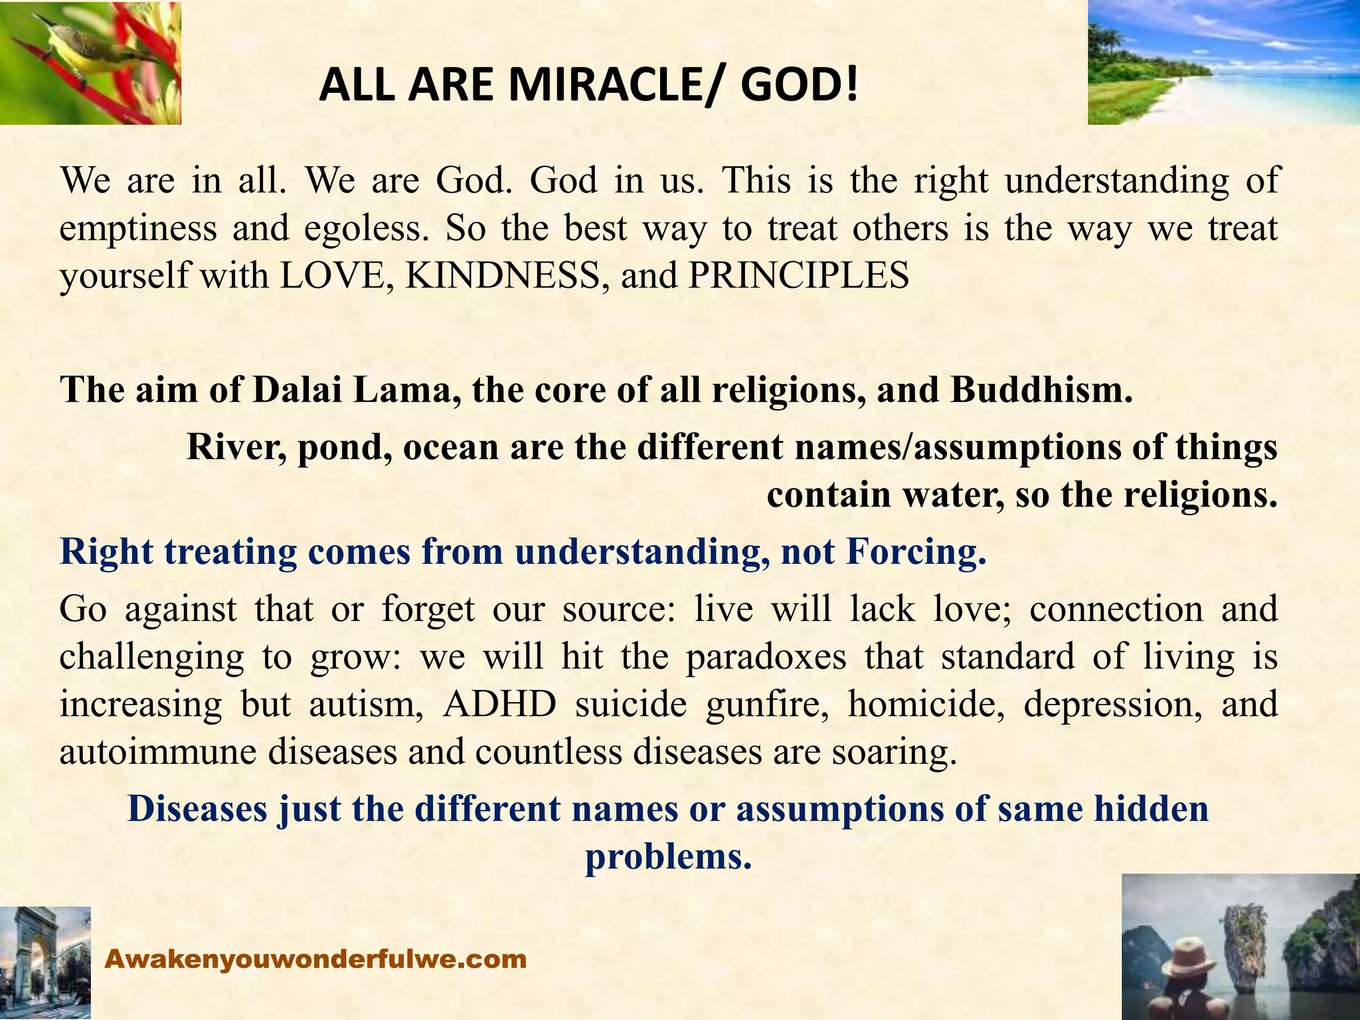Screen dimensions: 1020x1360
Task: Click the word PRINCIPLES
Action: pyautogui.click(x=798, y=276)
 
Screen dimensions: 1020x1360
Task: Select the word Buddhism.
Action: pyautogui.click(x=1041, y=390)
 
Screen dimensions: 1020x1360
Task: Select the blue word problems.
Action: pyautogui.click(x=668, y=857)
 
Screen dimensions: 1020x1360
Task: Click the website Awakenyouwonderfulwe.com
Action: pyautogui.click(x=316, y=959)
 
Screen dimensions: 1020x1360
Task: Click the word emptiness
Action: pyautogui.click(x=138, y=228)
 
